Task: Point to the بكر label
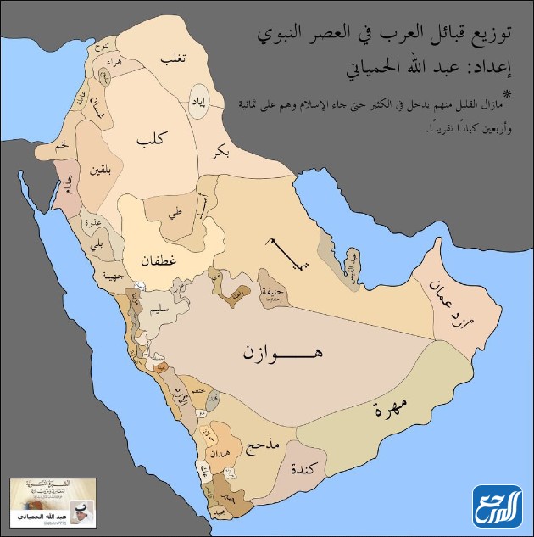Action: pyautogui.click(x=217, y=153)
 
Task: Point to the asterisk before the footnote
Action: pyautogui.click(x=508, y=92)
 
